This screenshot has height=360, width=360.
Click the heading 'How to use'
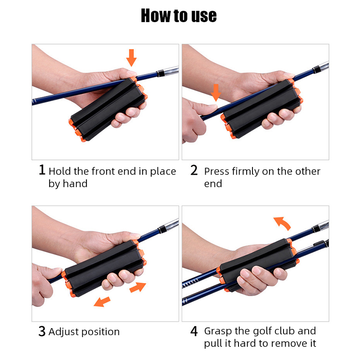pyautogui.click(x=179, y=16)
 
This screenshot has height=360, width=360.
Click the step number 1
pyautogui.click(x=42, y=170)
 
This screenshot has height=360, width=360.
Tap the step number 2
pyautogui.click(x=194, y=170)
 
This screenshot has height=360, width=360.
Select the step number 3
pyautogui.click(x=42, y=332)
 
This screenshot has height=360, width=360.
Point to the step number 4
pyautogui.click(x=194, y=332)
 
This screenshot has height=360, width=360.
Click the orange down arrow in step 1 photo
pyautogui.click(x=131, y=58)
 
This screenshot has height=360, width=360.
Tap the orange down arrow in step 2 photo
pyautogui.click(x=216, y=92)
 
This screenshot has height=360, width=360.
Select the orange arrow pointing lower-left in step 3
pyautogui.click(x=102, y=301)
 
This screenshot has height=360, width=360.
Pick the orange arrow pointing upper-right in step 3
pyautogui.click(x=138, y=287)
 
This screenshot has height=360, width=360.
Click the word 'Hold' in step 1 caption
pyautogui.click(x=60, y=171)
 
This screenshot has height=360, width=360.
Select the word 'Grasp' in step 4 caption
pyautogui.click(x=218, y=331)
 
